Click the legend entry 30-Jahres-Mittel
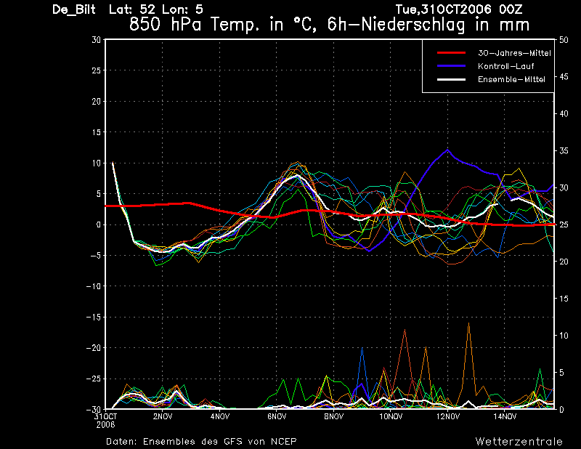(x=514, y=53)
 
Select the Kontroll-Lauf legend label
(x=505, y=66)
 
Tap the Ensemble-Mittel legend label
(x=511, y=79)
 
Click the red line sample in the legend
(x=451, y=52)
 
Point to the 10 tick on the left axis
(x=97, y=163)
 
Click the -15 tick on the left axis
(x=94, y=317)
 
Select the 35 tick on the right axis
(x=564, y=151)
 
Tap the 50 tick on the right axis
(x=564, y=40)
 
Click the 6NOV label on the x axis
(x=277, y=416)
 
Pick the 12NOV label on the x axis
(x=447, y=416)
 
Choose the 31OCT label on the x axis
(x=105, y=416)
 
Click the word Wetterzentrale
(x=519, y=441)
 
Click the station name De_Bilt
(x=74, y=9)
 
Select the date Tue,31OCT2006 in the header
(x=444, y=9)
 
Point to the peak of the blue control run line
(x=447, y=150)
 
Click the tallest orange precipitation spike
(x=468, y=323)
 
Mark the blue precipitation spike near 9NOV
(x=362, y=348)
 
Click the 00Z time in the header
(x=511, y=9)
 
